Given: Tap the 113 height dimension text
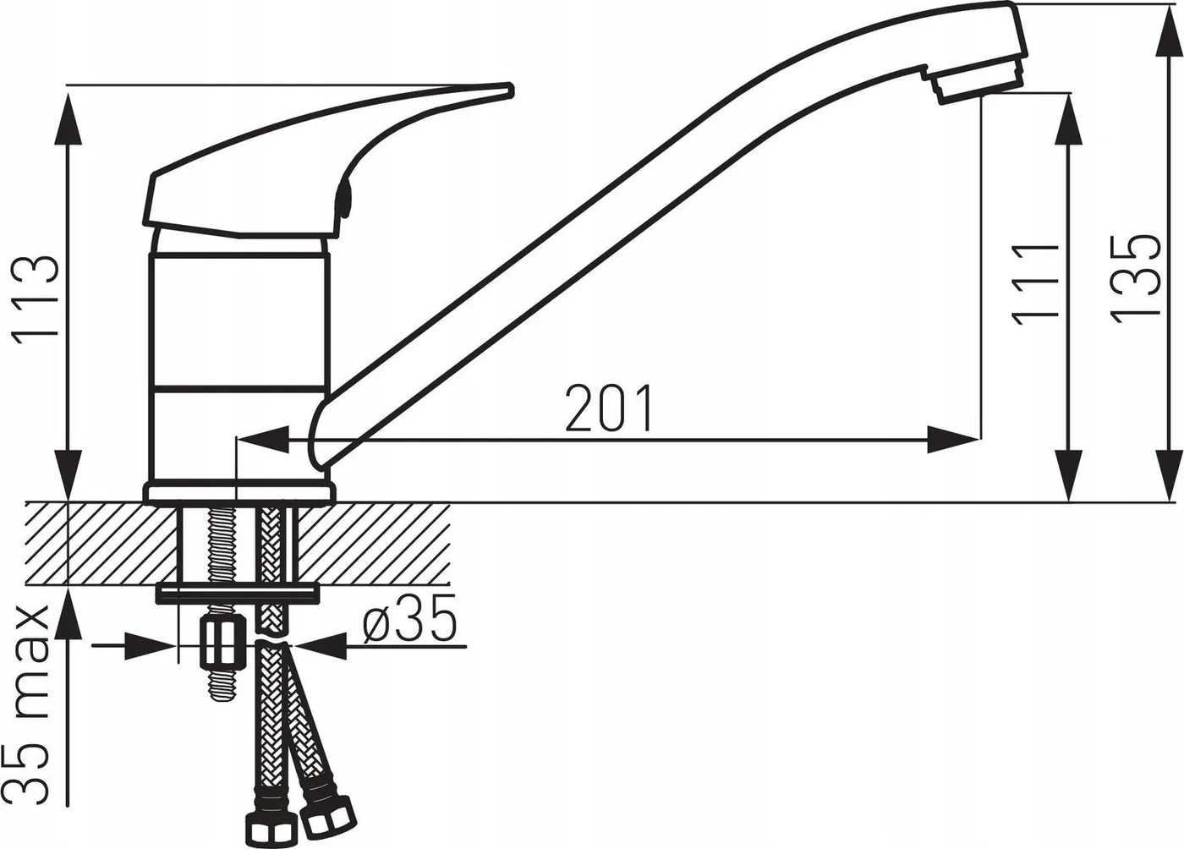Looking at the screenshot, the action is pos(37,300).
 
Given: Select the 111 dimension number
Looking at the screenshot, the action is pos(1034,283).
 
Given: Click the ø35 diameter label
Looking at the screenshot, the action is pos(408,618).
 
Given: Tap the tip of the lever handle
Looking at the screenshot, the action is pos(509,90).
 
